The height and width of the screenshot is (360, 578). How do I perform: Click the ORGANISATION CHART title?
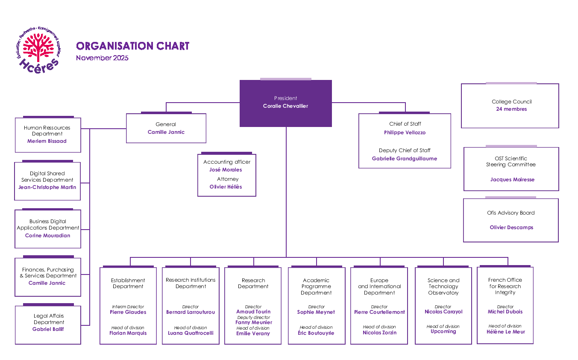[132, 46]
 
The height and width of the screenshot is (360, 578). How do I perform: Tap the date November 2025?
[102, 58]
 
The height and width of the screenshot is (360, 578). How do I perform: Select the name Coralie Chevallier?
[285, 106]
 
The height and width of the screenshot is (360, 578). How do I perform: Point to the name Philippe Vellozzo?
[405, 133]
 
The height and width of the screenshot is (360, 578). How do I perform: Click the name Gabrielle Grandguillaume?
[405, 159]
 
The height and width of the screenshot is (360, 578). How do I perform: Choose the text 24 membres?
[511, 109]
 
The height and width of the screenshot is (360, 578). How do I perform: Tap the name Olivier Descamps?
[511, 227]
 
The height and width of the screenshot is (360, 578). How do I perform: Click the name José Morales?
[226, 170]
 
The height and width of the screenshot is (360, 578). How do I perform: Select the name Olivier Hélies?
[226, 187]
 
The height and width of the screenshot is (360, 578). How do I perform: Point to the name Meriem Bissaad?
[47, 141]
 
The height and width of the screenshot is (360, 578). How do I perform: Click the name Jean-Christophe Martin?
[47, 187]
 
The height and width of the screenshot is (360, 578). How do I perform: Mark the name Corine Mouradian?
[47, 236]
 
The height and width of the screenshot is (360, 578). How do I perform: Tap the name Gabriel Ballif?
[48, 329]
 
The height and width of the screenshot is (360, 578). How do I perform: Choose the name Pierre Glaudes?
[128, 312]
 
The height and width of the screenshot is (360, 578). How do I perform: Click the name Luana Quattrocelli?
[191, 333]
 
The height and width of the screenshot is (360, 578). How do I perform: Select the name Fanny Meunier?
[253, 323]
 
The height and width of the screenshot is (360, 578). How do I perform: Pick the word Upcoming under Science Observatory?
[443, 331]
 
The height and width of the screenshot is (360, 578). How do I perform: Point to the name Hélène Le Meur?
[506, 332]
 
